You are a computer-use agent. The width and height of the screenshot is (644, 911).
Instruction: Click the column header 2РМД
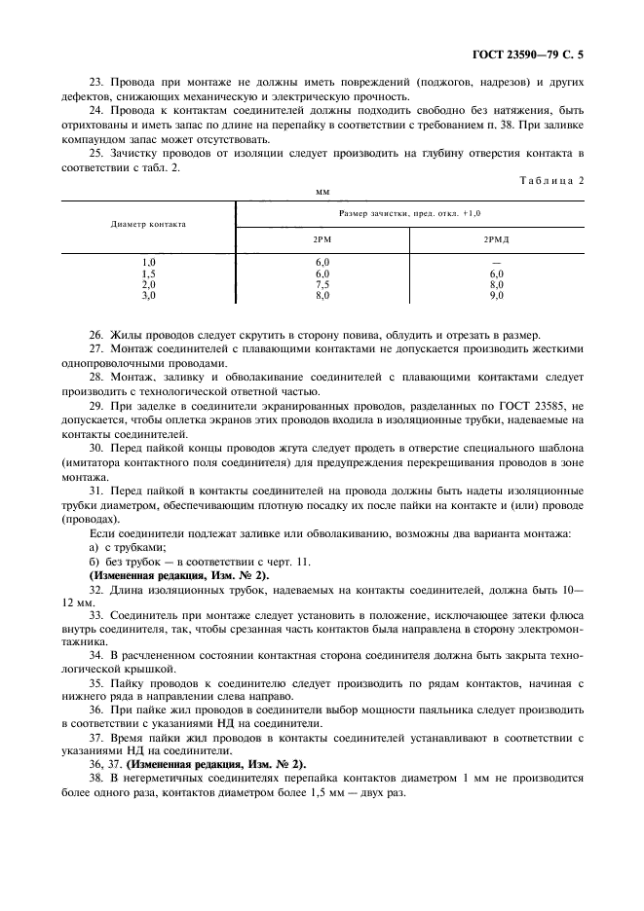(x=496, y=237)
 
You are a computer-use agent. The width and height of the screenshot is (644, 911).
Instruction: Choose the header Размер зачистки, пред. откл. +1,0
(x=409, y=211)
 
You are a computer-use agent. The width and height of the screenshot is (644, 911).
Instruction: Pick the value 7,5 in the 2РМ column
(x=322, y=284)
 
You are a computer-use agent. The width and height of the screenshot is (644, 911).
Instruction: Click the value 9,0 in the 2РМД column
(x=496, y=294)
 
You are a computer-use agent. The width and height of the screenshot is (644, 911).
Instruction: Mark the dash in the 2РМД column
(x=496, y=264)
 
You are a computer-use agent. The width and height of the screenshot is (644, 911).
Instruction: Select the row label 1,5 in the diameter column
(x=149, y=274)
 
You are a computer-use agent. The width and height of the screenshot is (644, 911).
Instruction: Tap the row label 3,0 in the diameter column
(x=149, y=294)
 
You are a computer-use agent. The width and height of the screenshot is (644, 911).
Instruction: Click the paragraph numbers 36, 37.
(x=104, y=764)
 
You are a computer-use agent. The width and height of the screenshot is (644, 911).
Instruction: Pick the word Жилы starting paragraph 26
(x=132, y=335)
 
